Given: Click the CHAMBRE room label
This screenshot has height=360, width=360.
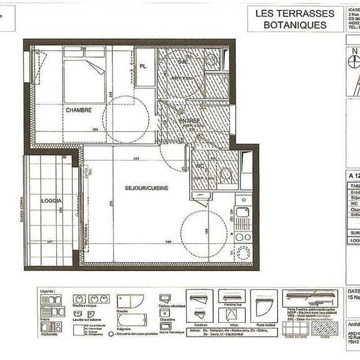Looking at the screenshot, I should pos(79,110).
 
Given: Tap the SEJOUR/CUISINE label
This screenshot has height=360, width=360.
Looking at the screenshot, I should pos(146,187).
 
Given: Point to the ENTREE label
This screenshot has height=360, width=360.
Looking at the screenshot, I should pos(189,120).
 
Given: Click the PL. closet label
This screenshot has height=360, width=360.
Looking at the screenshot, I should pos(144,66).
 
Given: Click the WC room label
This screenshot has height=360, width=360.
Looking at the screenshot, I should pos(199,166).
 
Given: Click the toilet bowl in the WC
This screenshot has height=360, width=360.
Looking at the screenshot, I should pos(224,173).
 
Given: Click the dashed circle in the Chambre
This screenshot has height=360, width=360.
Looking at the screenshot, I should pos(125,120).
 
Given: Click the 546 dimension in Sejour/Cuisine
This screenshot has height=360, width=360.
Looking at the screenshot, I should pos(168,241).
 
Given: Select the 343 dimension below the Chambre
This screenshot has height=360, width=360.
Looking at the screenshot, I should pos(136,158).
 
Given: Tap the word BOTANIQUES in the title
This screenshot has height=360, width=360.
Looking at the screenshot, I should pos(296,25).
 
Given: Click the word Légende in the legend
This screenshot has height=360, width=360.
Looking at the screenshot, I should pos(48,291).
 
